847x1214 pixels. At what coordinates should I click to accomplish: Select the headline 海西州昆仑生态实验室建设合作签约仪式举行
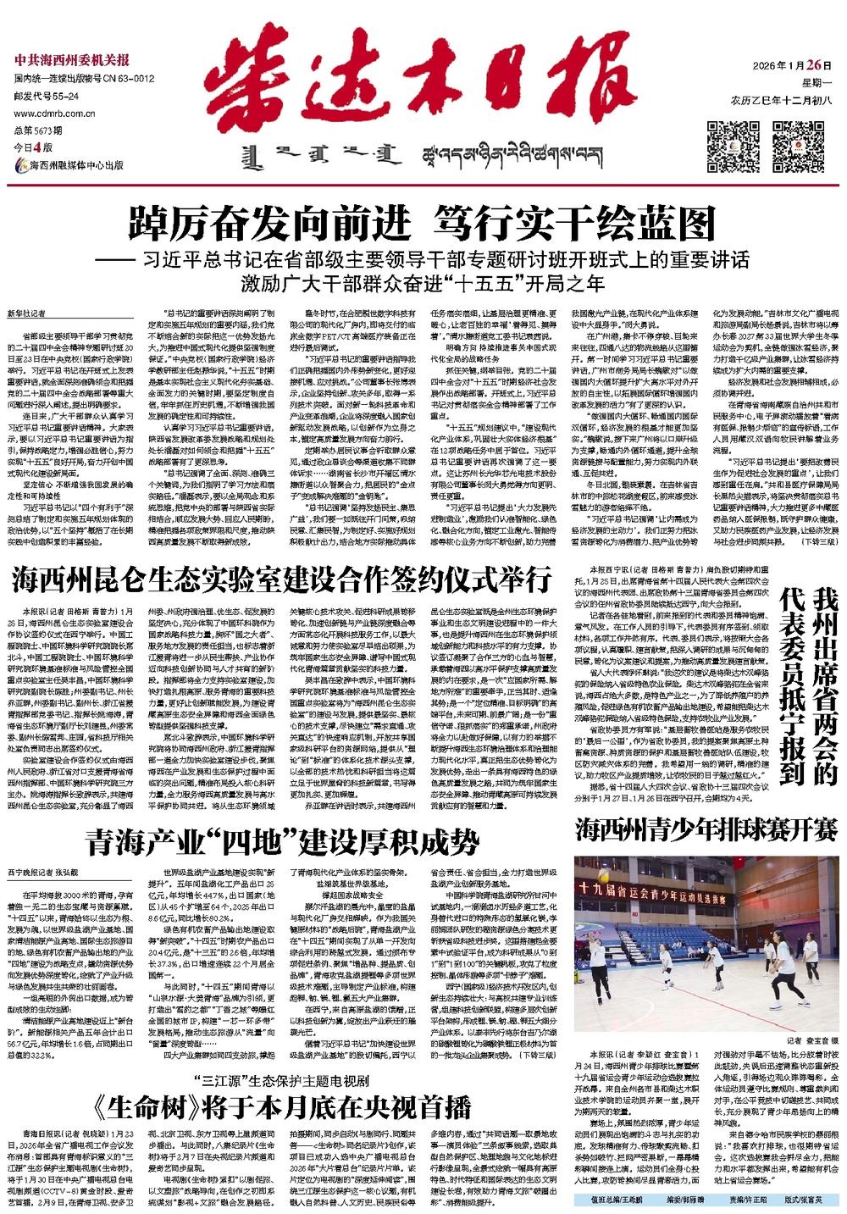(282, 581)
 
